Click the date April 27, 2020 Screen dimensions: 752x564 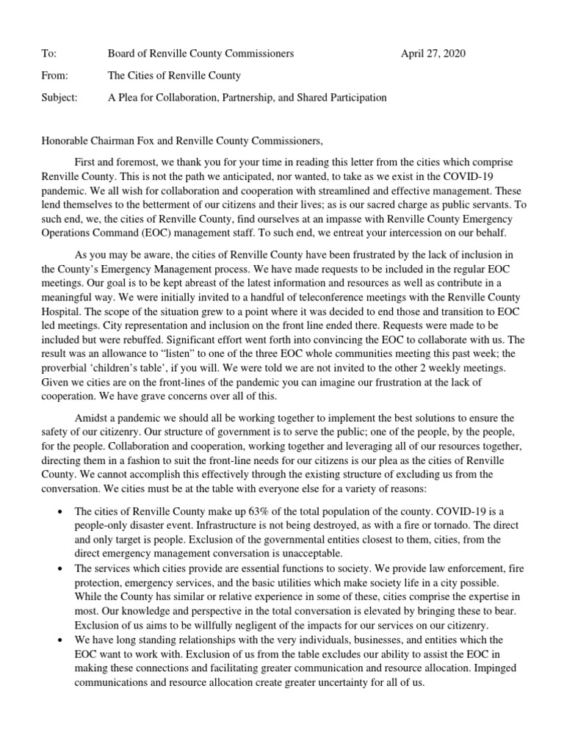click(433, 54)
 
